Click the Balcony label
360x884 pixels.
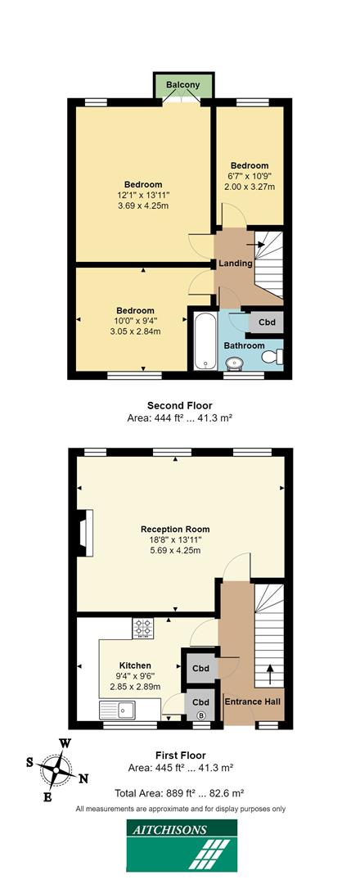click(183, 85)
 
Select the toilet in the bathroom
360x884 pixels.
click(278, 355)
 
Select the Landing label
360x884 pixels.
click(236, 264)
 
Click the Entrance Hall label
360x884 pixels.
click(254, 701)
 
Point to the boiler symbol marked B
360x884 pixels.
click(201, 715)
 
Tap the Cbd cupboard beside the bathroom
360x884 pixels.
click(267, 322)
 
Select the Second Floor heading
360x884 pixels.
click(179, 405)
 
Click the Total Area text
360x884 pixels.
click(180, 793)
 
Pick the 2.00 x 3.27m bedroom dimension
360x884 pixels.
click(250, 187)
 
